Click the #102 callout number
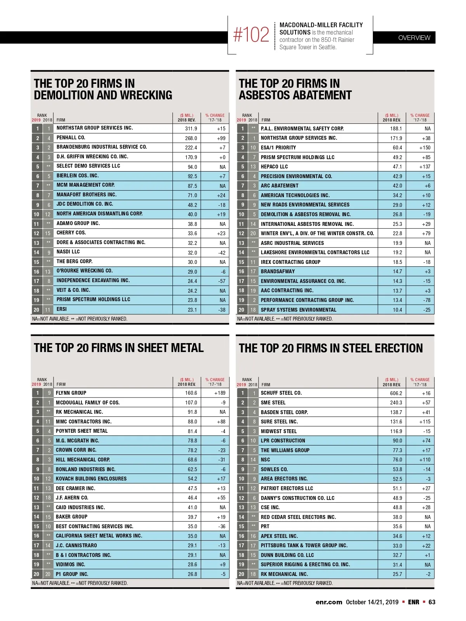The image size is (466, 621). point(251,35)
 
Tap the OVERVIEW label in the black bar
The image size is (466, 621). point(414,38)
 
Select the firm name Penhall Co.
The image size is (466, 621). point(71,138)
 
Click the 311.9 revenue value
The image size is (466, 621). point(191,128)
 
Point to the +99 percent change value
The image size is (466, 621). point(221,138)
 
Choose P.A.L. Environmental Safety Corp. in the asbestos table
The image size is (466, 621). point(302,128)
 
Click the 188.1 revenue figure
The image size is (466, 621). point(396,128)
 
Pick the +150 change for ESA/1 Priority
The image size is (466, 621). point(425,147)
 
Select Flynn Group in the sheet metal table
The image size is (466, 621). point(71,393)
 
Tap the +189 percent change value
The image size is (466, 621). point(220,393)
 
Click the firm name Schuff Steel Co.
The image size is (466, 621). point(281,393)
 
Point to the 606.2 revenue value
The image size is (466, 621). point(396,393)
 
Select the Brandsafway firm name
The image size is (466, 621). point(278,271)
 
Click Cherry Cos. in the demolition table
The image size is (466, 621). point(71,233)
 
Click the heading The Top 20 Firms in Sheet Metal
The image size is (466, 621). point(118,348)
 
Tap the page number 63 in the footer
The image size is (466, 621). point(432,602)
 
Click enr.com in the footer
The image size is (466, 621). point(329,602)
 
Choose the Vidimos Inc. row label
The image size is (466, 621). point(70,564)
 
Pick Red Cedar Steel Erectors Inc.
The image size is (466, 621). point(298,517)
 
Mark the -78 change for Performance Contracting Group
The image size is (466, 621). point(427,300)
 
